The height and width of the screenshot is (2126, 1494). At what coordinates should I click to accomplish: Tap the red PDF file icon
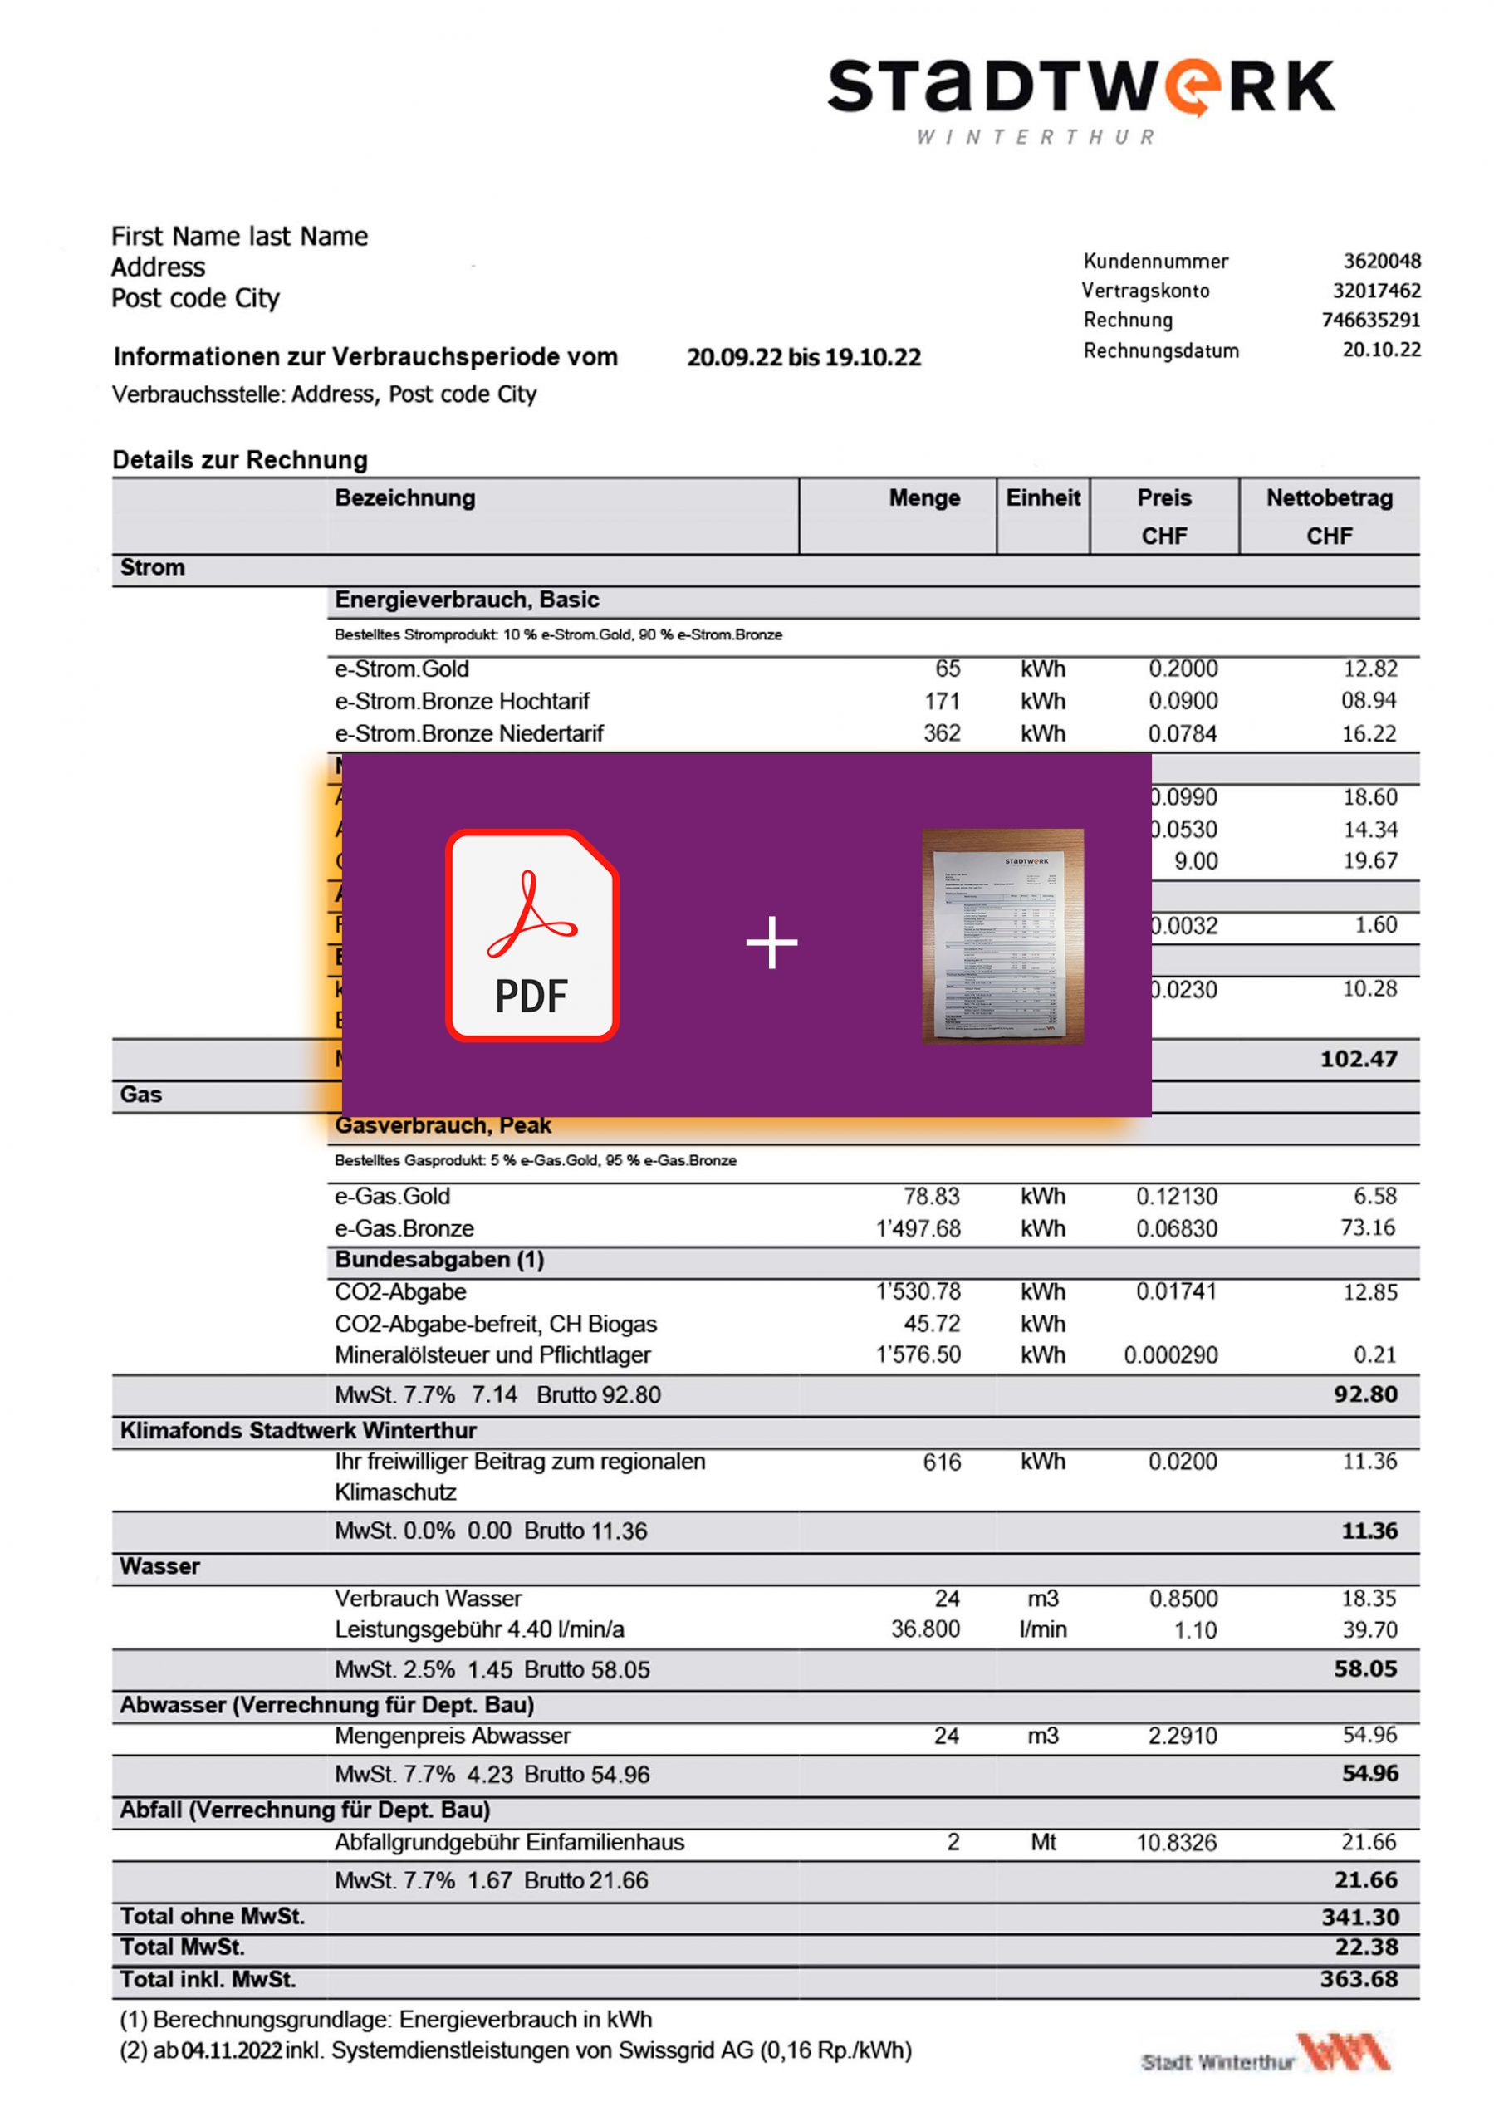tap(531, 935)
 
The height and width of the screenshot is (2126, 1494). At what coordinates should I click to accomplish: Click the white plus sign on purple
tap(771, 943)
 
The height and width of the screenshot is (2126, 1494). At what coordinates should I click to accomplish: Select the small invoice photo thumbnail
tap(1002, 935)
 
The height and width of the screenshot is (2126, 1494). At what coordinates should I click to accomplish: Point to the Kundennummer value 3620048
tap(1381, 261)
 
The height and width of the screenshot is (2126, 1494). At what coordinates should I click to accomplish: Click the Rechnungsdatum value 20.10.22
tap(1381, 350)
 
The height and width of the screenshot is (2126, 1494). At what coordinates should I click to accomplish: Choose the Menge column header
tap(923, 498)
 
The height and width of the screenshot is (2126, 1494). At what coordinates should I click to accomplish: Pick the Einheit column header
tap(1043, 498)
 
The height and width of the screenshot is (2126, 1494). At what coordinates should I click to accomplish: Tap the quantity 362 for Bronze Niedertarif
tap(941, 733)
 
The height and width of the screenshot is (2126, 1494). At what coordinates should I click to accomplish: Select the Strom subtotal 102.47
tap(1358, 1058)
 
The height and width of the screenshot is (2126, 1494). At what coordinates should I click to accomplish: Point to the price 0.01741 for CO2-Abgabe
tap(1175, 1291)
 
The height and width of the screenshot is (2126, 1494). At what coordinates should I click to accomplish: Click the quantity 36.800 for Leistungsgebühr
tap(924, 1629)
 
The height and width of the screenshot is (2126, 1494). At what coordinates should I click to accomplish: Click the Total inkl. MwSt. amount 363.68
tap(1359, 1979)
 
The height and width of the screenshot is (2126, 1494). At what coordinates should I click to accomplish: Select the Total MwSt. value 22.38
tap(1366, 1947)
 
